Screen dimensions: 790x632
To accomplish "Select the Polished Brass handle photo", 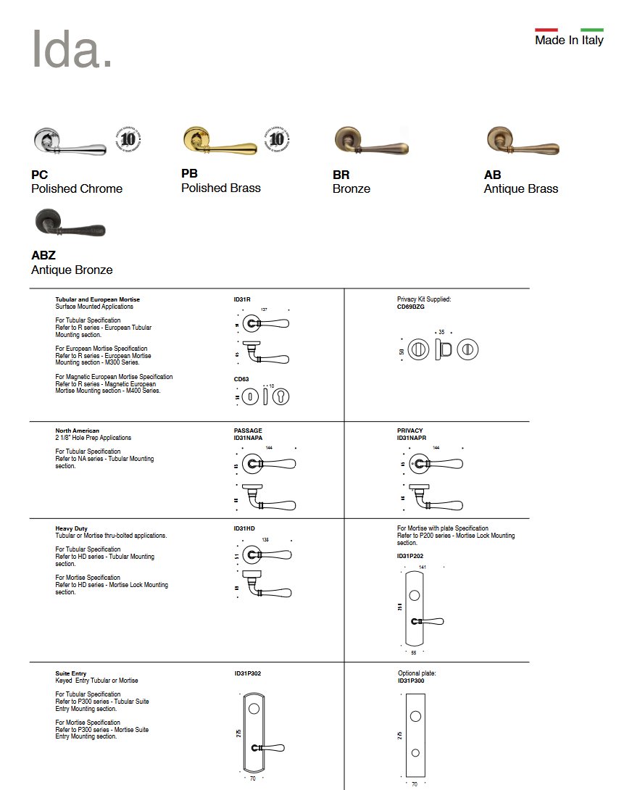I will [x=220, y=141].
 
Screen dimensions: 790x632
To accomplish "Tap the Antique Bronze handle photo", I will [x=70, y=225].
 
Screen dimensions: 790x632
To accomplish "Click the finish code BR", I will [x=341, y=175].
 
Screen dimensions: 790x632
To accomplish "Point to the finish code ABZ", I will [x=43, y=256].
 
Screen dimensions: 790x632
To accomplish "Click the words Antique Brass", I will [x=520, y=189].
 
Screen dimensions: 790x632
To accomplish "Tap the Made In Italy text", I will [x=569, y=41].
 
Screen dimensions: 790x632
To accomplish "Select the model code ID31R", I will [x=242, y=299].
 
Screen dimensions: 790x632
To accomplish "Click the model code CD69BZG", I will [x=410, y=307].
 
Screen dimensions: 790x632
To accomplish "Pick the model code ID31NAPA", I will [x=248, y=438].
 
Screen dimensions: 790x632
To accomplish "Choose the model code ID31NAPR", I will [x=411, y=438].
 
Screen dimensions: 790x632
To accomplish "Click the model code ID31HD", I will [x=244, y=528].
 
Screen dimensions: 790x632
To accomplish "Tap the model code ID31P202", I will [x=409, y=556].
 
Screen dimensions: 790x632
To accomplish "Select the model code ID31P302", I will [x=247, y=673].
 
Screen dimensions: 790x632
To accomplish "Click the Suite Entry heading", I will [x=71, y=673].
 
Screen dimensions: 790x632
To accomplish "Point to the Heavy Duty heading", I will [x=71, y=528].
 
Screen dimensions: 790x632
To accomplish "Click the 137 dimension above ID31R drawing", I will [x=264, y=309].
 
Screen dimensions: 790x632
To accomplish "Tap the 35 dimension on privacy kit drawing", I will [x=441, y=332].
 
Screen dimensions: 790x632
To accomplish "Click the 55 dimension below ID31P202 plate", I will [x=414, y=652].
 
